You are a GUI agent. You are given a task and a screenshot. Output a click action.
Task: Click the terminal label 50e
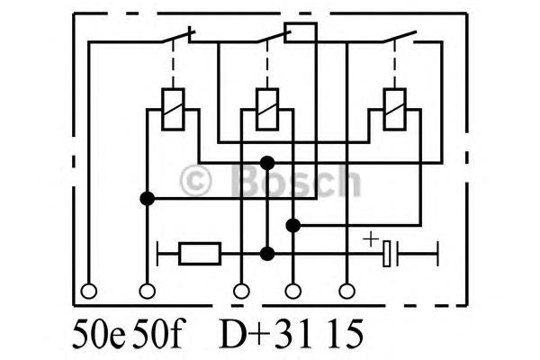(x=99, y=334)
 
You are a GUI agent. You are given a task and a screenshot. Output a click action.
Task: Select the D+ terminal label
(x=245, y=334)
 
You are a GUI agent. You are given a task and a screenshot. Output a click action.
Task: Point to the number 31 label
(x=294, y=334)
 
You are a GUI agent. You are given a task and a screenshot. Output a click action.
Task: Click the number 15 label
(x=345, y=334)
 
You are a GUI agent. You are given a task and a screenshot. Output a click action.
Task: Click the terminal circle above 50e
(x=88, y=291)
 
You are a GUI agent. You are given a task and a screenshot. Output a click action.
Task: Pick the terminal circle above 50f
(x=148, y=291)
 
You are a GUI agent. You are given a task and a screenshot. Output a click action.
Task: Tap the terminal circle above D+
(x=241, y=291)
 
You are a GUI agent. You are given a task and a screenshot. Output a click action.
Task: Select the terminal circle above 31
(x=293, y=291)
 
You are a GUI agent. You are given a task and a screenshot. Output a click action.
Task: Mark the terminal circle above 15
(x=346, y=291)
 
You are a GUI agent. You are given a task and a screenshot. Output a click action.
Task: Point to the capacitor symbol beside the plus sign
(x=391, y=254)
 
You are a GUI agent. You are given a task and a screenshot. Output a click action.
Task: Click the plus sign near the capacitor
(x=371, y=238)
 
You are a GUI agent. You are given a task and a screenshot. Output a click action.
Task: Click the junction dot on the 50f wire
(x=148, y=199)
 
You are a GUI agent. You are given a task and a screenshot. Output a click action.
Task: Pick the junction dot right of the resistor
(x=267, y=254)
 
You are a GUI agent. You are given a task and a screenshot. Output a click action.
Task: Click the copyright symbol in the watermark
(x=195, y=181)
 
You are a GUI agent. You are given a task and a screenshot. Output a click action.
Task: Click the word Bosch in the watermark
(x=295, y=180)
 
